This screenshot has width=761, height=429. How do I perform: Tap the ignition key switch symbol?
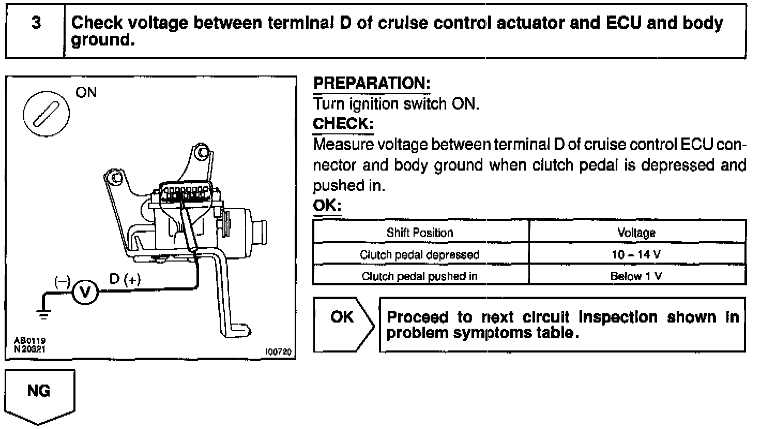click(x=45, y=114)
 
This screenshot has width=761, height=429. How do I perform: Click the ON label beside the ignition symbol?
click(x=86, y=93)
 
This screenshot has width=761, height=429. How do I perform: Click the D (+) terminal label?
click(x=125, y=280)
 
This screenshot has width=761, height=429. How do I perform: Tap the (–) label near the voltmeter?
click(x=63, y=281)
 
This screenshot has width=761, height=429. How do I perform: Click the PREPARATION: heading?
click(x=372, y=83)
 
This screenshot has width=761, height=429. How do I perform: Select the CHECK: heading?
click(x=343, y=125)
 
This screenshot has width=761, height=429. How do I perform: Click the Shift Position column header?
click(x=420, y=233)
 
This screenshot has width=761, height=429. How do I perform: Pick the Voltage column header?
click(x=636, y=233)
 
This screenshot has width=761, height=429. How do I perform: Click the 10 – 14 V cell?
click(x=636, y=254)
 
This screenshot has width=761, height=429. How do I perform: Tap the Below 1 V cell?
click(x=636, y=276)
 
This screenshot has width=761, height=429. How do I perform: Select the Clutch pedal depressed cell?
click(x=420, y=255)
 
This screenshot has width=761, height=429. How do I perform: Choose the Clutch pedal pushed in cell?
click(x=420, y=276)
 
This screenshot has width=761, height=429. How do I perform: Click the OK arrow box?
click(x=343, y=324)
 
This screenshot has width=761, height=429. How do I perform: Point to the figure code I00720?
click(x=278, y=353)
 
